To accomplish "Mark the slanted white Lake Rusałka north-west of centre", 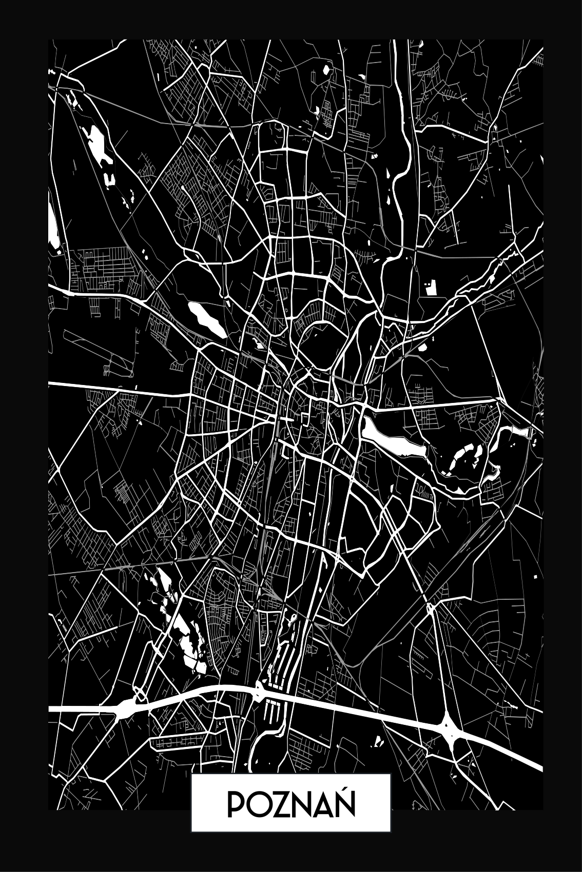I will pos(206,319).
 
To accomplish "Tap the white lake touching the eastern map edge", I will pos(518,432).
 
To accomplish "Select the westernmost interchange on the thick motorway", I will pos(125,709).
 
